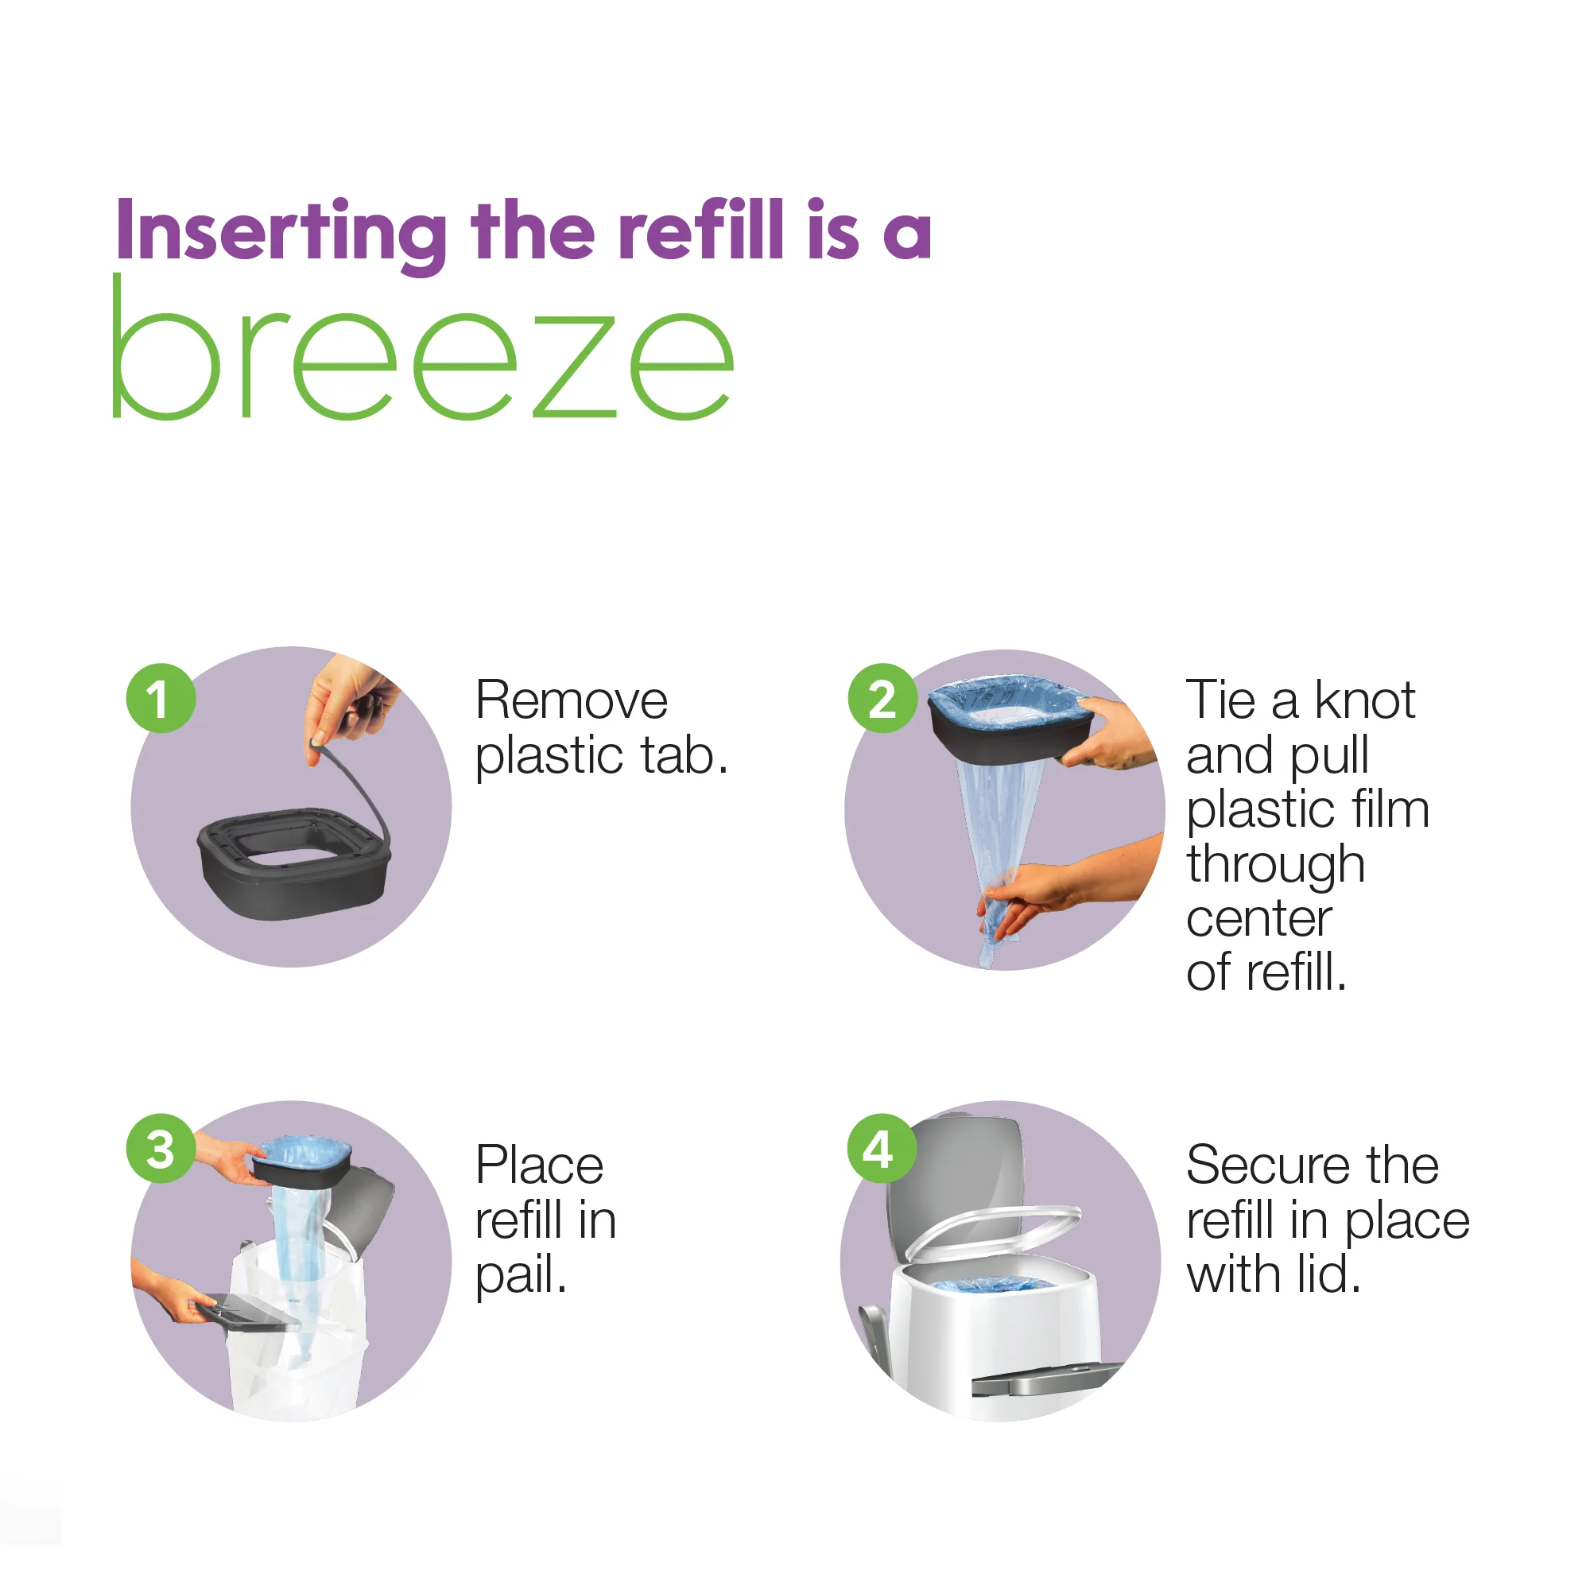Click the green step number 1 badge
tap(161, 699)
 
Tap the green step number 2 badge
tap(882, 699)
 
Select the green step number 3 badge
tap(161, 1149)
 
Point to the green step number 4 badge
tap(882, 1149)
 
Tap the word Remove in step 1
tap(571, 700)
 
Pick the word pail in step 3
tap(518, 1275)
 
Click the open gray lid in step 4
tap(955, 1177)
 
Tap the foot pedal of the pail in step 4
tap(1045, 1383)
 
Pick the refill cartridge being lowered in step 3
tap(302, 1161)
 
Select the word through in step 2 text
tap(1276, 866)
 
